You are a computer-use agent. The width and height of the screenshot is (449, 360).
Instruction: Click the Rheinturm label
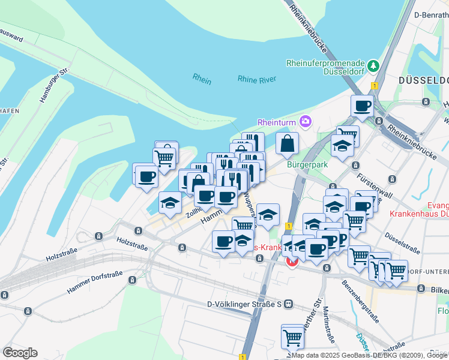pyautogui.click(x=277, y=122)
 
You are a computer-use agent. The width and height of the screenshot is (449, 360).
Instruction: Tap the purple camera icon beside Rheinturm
pyautogui.click(x=306, y=122)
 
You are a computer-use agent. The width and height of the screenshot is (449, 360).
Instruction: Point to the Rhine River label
pyautogui.click(x=256, y=79)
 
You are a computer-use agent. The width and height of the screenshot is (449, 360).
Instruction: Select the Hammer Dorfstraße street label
pyautogui.click(x=95, y=282)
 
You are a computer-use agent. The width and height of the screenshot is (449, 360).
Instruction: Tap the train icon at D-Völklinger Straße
pyautogui.click(x=289, y=304)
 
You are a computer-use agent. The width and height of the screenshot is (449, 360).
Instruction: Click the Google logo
pyautogui.click(x=20, y=352)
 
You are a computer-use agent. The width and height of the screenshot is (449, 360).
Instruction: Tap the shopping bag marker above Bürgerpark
pyautogui.click(x=288, y=143)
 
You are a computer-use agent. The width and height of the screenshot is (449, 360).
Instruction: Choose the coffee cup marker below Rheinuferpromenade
pyautogui.click(x=362, y=106)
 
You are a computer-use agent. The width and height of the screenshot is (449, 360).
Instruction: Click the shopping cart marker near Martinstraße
pyautogui.click(x=292, y=337)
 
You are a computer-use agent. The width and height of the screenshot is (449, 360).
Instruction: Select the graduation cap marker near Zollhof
pyautogui.click(x=170, y=202)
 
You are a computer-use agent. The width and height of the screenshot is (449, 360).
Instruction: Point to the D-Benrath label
pyautogui.click(x=431, y=14)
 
